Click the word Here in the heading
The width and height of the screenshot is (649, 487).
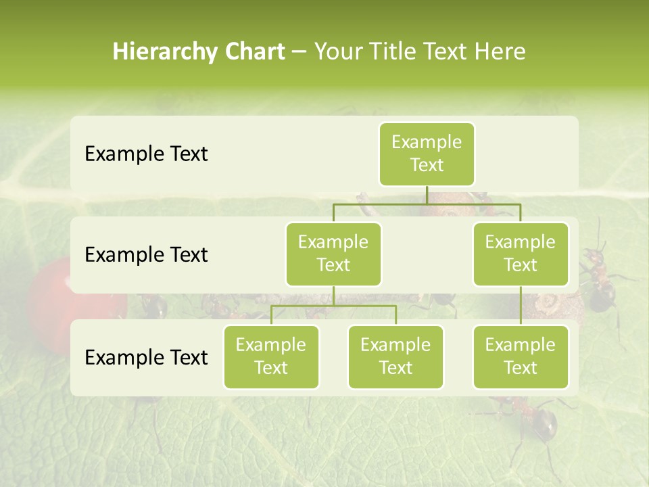point(500,52)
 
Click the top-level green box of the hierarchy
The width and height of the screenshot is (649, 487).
point(427,154)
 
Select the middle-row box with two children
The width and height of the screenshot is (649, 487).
point(333,254)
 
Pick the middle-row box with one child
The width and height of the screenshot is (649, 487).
point(521,254)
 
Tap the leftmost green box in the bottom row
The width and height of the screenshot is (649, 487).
point(271,357)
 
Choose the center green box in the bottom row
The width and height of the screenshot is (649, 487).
point(395,357)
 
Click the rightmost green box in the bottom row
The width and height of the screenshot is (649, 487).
point(521,357)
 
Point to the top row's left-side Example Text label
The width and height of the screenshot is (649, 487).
point(146,154)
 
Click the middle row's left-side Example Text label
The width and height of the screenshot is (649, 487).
point(146,255)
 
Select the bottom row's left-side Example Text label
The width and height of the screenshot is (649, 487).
point(146,358)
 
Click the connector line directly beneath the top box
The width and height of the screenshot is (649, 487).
point(427,195)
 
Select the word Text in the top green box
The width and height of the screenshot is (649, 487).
point(427,166)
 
